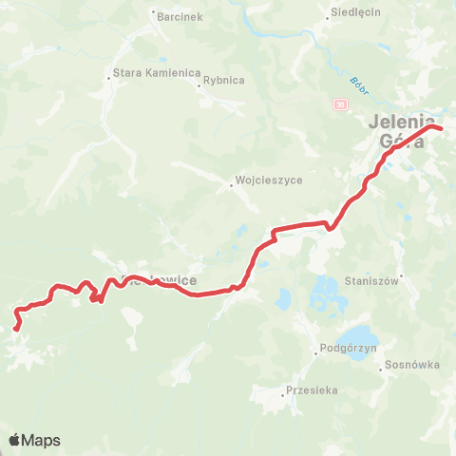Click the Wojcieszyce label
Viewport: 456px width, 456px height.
[x=261, y=179]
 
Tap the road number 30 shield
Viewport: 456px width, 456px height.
[x=341, y=104]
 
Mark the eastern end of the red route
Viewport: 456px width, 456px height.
[x=440, y=127]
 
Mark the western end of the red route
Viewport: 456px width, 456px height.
[x=16, y=329]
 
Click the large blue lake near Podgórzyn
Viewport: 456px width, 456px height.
[x=358, y=337]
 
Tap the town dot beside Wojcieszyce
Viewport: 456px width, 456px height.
[x=231, y=185]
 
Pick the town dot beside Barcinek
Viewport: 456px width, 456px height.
[x=154, y=12]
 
